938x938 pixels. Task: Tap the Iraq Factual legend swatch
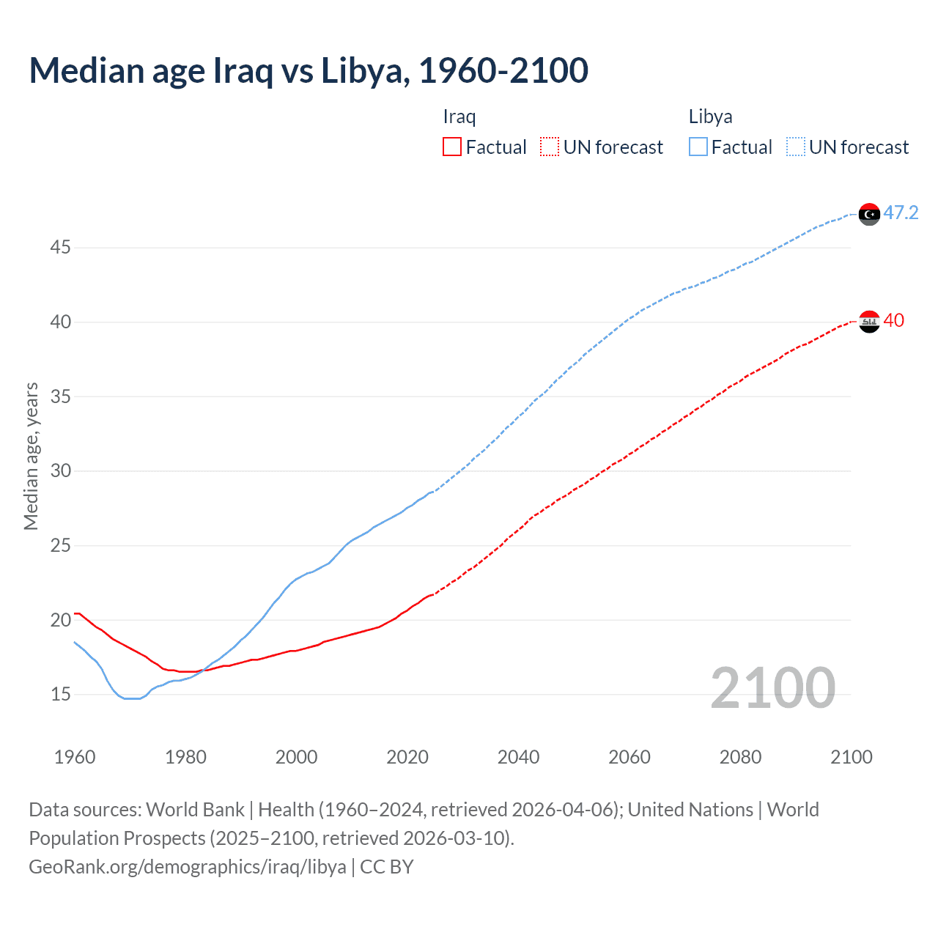click(452, 147)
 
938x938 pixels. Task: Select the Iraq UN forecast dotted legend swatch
click(550, 147)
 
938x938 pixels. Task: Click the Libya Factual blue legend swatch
click(698, 147)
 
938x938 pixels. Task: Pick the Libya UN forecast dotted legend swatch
click(796, 147)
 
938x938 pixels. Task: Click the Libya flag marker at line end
click(869, 214)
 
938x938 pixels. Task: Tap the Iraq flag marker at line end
click(869, 321)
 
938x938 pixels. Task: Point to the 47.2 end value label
click(901, 213)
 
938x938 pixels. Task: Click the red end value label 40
click(894, 320)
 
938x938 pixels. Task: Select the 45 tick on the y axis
click(60, 248)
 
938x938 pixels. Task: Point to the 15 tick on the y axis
click(60, 694)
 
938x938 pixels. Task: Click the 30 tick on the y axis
click(60, 470)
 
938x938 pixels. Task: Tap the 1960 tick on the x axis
click(75, 757)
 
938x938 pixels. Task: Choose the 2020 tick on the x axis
click(407, 757)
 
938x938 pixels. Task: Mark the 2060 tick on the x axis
click(629, 757)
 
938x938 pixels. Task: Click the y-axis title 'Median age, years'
click(31, 456)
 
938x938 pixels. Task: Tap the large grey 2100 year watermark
click(772, 688)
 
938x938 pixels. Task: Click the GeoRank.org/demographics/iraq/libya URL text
click(188, 866)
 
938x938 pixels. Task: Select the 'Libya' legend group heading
click(710, 117)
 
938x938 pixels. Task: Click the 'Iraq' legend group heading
click(459, 117)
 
